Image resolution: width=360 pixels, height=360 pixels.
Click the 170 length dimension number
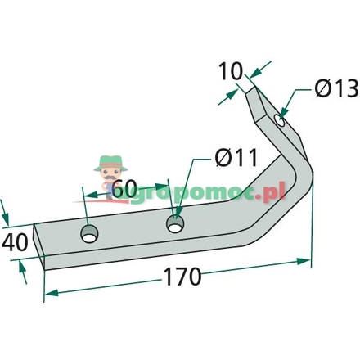[x=183, y=277]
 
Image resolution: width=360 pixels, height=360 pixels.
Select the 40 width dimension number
[x=15, y=242]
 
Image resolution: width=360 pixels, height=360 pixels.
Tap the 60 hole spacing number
[x=124, y=189]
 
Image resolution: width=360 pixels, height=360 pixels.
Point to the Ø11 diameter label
[x=236, y=157]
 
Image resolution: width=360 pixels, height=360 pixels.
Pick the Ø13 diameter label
[x=336, y=88]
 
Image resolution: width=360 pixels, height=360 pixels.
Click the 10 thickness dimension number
[x=231, y=71]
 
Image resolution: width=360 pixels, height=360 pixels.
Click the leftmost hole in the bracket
[x=89, y=234]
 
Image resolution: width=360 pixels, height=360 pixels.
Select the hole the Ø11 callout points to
[x=175, y=224]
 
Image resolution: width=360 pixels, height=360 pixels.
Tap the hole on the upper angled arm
[x=280, y=120]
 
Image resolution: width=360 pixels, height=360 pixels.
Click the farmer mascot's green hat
[x=110, y=163]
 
